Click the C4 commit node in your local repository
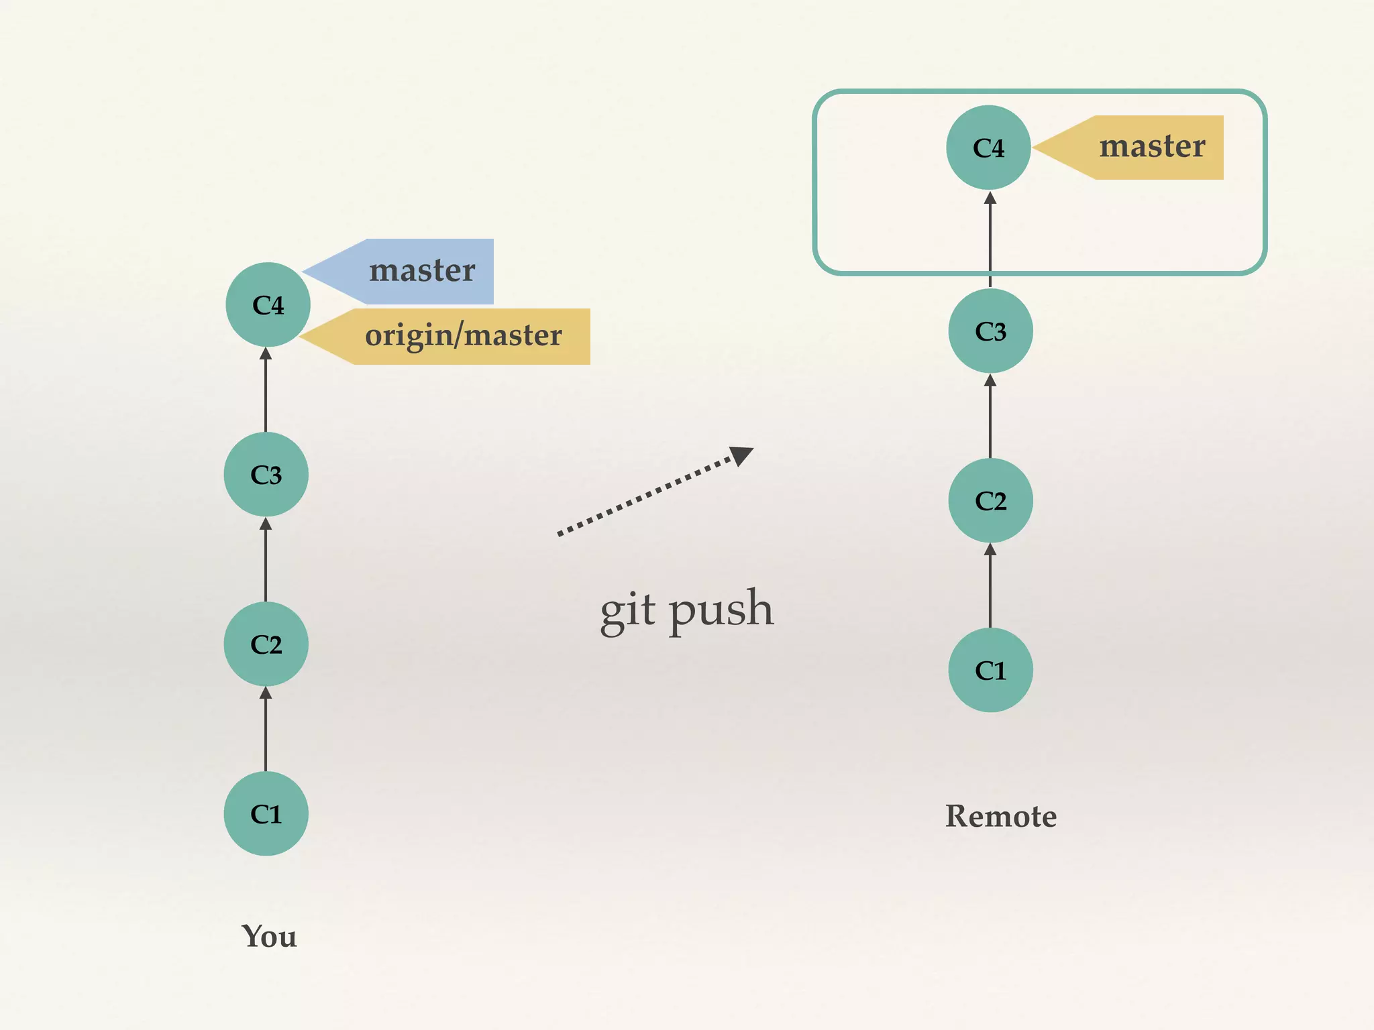268,304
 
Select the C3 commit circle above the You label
266,474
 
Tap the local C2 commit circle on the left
266,644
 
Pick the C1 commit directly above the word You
266,813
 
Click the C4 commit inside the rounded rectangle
988,148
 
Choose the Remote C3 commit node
990,331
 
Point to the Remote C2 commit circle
990,500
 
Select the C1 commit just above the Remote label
990,670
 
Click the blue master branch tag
421,272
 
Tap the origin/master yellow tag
463,336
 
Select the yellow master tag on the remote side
1151,148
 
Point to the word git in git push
627,610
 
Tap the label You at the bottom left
269,936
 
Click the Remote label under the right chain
1000,816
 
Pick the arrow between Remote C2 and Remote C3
990,416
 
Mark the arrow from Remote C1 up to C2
990,586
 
